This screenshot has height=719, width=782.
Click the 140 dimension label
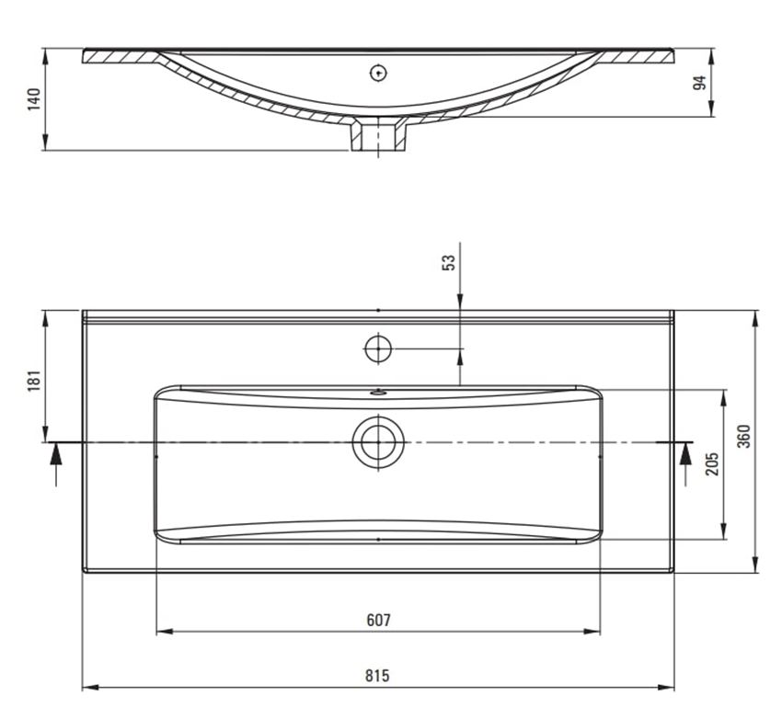(34, 99)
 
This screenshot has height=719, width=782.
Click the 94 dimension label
(699, 83)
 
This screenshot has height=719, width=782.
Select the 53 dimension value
(448, 263)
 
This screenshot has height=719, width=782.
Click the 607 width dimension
(378, 620)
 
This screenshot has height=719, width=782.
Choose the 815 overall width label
(377, 676)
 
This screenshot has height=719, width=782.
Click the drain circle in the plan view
(377, 442)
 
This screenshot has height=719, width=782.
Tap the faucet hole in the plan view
(377, 349)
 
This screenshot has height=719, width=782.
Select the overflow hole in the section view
(377, 73)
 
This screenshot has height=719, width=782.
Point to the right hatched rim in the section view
(639, 56)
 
